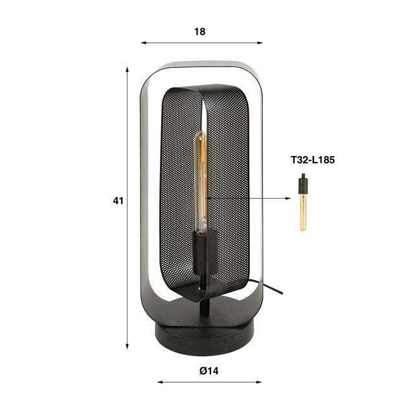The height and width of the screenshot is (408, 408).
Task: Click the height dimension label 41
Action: coord(117,201)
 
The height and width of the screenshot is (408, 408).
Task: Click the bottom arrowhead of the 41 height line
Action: coord(128,346)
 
